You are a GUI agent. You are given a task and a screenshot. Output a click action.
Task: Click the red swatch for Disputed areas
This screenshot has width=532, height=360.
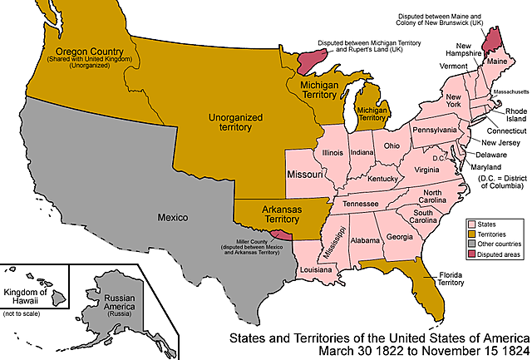(472, 255)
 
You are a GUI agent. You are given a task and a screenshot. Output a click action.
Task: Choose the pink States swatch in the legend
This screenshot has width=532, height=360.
(472, 224)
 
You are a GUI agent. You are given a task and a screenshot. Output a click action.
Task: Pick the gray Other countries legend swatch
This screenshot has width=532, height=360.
(472, 244)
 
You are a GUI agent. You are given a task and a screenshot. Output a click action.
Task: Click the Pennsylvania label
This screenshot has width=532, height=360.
(435, 131)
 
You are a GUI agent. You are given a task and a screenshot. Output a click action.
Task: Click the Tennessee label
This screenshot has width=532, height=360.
(362, 204)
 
